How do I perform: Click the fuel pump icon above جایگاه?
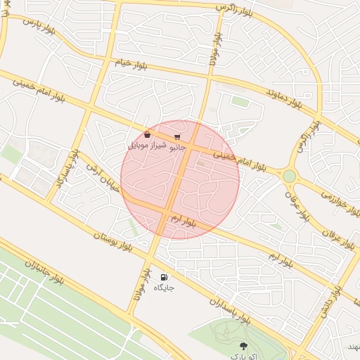165,277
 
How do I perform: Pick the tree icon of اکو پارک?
243,345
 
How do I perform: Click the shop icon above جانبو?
176,136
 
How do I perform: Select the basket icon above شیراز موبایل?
147,134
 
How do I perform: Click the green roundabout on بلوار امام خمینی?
289,175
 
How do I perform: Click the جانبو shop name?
176,147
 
